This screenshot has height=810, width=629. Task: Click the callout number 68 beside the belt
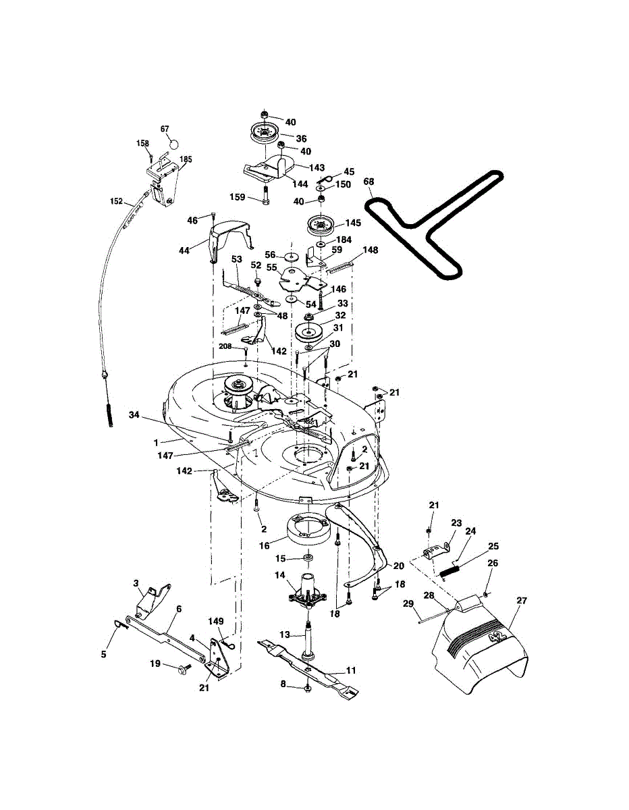coord(368,182)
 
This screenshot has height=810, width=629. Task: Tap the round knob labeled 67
coord(173,143)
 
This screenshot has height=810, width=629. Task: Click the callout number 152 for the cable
coord(117,201)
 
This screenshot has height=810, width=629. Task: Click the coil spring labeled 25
coord(450,570)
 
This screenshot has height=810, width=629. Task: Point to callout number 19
coord(155,664)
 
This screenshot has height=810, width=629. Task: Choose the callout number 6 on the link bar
coord(179,608)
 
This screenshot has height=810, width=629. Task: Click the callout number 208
coord(225,346)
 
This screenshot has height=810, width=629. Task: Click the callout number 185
coord(186,160)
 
